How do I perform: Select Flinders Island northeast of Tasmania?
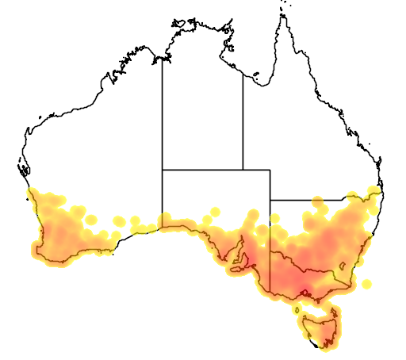(x=331, y=304)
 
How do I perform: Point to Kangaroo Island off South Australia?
(x=236, y=272)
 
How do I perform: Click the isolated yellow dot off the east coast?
(x=366, y=283)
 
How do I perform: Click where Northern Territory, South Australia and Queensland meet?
(x=243, y=169)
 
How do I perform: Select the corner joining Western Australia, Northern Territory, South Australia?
(x=163, y=169)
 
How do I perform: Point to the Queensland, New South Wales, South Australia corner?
(x=270, y=200)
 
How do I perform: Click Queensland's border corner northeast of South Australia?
(x=270, y=169)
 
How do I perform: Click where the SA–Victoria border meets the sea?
(x=270, y=291)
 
